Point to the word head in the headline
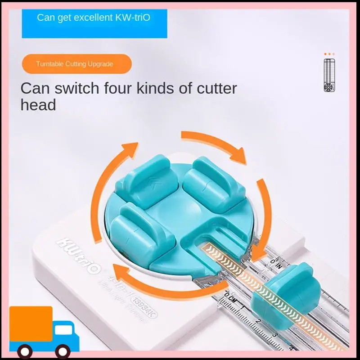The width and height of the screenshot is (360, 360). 38,105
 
